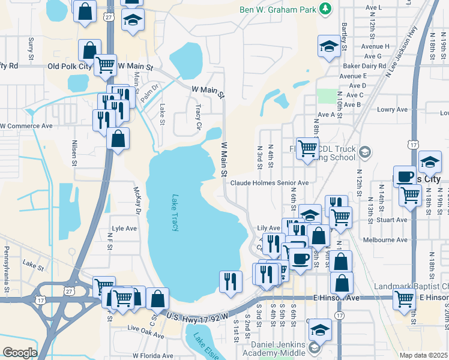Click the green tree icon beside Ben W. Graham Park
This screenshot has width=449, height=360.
click(x=325, y=8)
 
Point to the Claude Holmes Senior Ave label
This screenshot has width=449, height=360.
click(x=270, y=183)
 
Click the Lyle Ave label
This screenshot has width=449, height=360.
click(x=125, y=229)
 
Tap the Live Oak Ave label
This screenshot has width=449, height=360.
click(x=142, y=329)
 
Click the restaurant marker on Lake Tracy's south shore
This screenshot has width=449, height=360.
click(x=231, y=281)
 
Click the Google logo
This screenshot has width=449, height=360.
click(x=20, y=353)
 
